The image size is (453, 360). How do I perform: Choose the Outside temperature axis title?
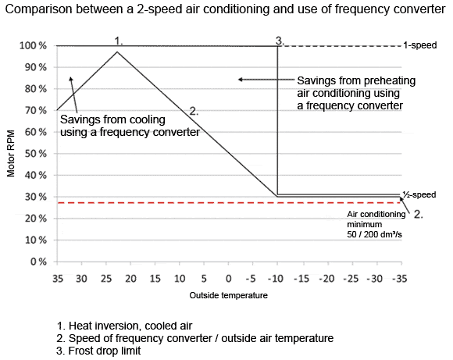(229, 296)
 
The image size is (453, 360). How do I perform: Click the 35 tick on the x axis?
(57, 278)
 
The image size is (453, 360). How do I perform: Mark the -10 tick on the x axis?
(277, 278)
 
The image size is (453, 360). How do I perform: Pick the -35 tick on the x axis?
(400, 278)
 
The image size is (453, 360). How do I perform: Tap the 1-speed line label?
(419, 46)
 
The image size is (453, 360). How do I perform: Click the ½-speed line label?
(419, 194)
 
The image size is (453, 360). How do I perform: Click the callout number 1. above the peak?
(119, 38)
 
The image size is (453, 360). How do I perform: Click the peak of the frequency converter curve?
(117, 52)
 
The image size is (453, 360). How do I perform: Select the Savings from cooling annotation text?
(129, 127)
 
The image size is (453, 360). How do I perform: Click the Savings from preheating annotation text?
(355, 92)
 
